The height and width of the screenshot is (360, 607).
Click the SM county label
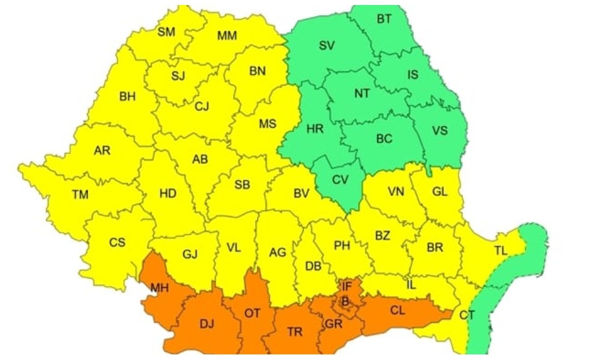166,32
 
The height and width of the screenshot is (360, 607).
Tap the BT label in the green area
384,19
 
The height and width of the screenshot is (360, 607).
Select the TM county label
80,195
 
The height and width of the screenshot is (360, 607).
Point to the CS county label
117,243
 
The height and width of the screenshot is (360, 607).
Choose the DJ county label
207,322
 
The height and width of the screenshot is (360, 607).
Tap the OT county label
252,313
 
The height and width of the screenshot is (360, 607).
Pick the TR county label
295,332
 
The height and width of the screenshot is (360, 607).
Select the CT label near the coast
467,315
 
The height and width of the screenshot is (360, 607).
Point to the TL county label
500,251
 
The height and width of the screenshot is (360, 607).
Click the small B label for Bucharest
345,302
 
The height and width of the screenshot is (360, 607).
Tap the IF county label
346,286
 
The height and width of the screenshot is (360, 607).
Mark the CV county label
340,180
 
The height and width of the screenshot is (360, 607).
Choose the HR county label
315,129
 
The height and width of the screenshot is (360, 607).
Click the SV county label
326,45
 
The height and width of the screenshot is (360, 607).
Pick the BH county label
127,97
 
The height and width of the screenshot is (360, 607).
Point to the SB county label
242,185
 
